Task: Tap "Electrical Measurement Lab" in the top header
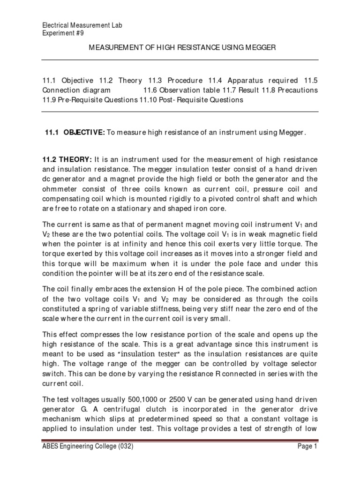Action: pos(82,25)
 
